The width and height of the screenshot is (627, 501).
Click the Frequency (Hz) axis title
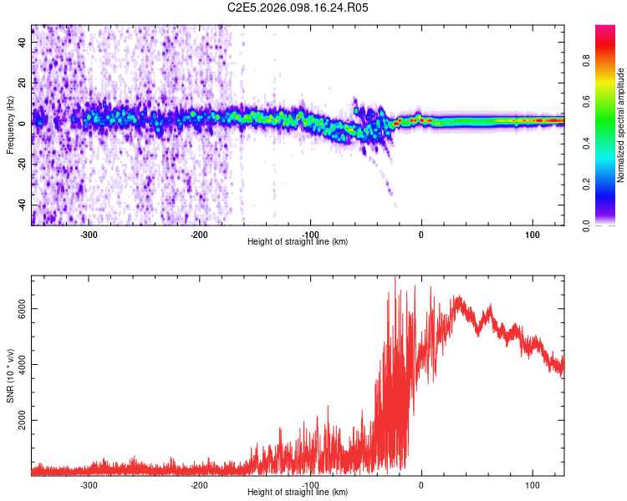(x=10, y=125)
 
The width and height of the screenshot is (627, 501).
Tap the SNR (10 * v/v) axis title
(x=10, y=376)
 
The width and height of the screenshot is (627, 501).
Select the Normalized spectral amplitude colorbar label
(x=620, y=125)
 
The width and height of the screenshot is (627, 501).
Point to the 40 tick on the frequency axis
(x=23, y=42)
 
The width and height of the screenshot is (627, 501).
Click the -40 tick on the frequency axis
(x=23, y=205)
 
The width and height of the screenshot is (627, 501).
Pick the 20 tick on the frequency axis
(x=23, y=83)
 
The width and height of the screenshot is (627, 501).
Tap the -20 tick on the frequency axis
(x=23, y=164)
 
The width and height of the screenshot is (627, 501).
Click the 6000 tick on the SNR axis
(x=23, y=308)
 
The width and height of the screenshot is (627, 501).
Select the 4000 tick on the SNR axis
(x=23, y=364)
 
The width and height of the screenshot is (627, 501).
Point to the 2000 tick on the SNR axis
(x=23, y=420)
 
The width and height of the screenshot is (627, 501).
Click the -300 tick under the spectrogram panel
(x=89, y=235)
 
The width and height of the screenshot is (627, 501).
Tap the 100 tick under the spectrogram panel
(x=533, y=235)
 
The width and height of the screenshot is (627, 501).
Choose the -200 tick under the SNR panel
(x=199, y=485)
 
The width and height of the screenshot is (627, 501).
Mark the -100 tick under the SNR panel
(x=310, y=485)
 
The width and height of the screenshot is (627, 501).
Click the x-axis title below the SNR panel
(x=298, y=493)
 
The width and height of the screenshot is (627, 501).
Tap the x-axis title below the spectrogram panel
(x=298, y=242)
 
